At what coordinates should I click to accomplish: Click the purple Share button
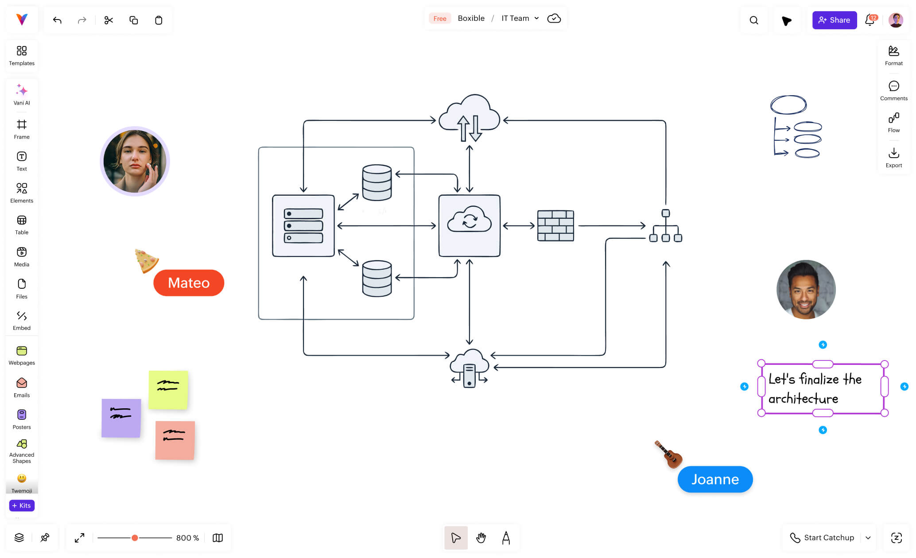(x=834, y=20)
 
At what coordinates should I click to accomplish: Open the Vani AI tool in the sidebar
(x=21, y=94)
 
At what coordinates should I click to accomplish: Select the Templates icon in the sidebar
(x=21, y=55)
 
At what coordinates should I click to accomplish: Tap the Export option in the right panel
(x=893, y=158)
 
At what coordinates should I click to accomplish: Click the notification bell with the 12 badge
(x=870, y=20)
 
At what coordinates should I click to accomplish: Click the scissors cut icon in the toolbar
(x=109, y=20)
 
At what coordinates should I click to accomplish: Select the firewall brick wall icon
(x=555, y=226)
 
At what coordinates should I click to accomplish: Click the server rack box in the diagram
(x=303, y=226)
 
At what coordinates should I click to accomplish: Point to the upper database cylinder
(x=376, y=182)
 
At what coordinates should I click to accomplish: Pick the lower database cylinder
(x=376, y=278)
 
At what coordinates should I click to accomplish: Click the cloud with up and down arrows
(x=469, y=119)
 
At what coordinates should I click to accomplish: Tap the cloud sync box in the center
(x=469, y=226)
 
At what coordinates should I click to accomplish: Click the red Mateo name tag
(x=189, y=283)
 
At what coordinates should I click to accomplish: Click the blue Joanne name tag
(x=715, y=479)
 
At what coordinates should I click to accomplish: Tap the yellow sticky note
(x=168, y=390)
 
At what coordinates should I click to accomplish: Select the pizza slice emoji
(x=146, y=260)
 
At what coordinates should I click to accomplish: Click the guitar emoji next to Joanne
(x=669, y=454)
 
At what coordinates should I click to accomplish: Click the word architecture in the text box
(x=803, y=399)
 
